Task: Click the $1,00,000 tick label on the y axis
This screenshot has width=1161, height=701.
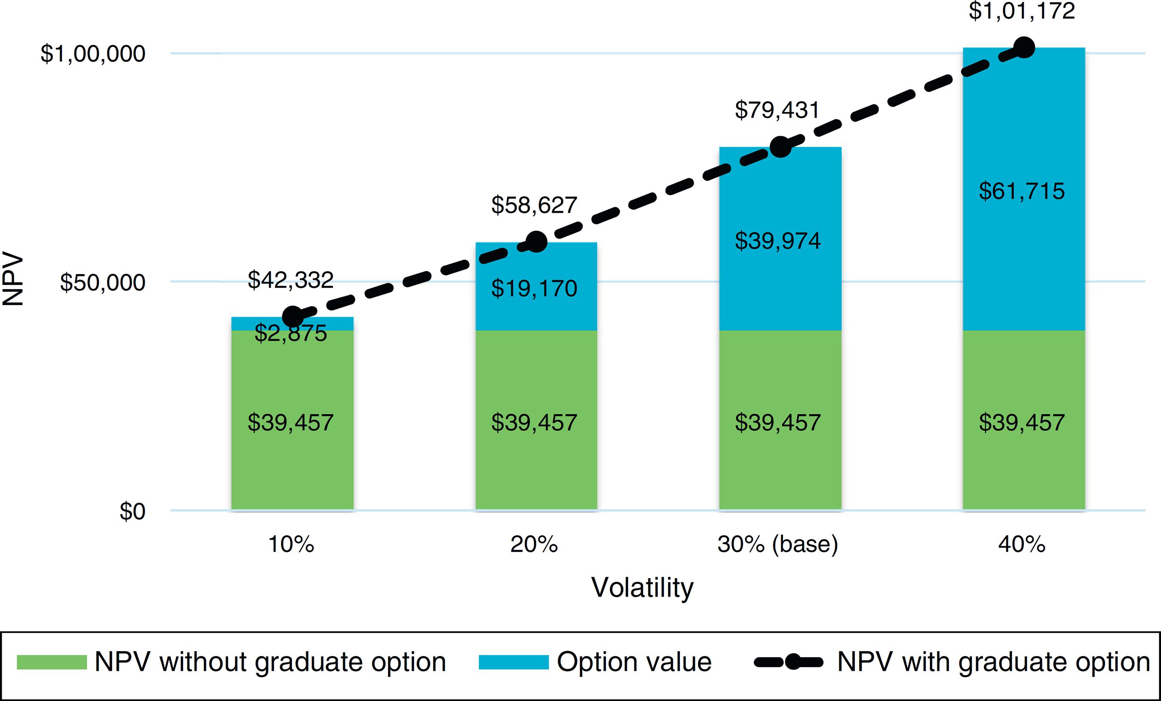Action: (93, 54)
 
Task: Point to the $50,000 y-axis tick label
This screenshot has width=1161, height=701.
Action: (102, 283)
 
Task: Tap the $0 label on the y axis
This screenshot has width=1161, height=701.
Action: (132, 511)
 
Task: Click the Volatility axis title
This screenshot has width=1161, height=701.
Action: (642, 588)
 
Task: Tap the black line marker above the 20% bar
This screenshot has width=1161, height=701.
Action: (536, 242)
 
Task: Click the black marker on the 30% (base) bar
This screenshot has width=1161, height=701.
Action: (780, 147)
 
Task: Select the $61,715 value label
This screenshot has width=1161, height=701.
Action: (1022, 191)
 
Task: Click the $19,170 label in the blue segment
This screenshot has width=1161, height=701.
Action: (534, 288)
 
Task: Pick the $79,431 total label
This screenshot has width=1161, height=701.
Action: (777, 110)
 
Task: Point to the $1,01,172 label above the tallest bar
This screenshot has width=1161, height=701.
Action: (1022, 11)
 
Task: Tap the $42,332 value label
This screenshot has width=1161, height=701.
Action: (291, 280)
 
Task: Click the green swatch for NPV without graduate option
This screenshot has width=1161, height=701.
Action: (52, 662)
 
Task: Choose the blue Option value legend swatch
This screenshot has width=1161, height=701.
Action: (513, 662)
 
